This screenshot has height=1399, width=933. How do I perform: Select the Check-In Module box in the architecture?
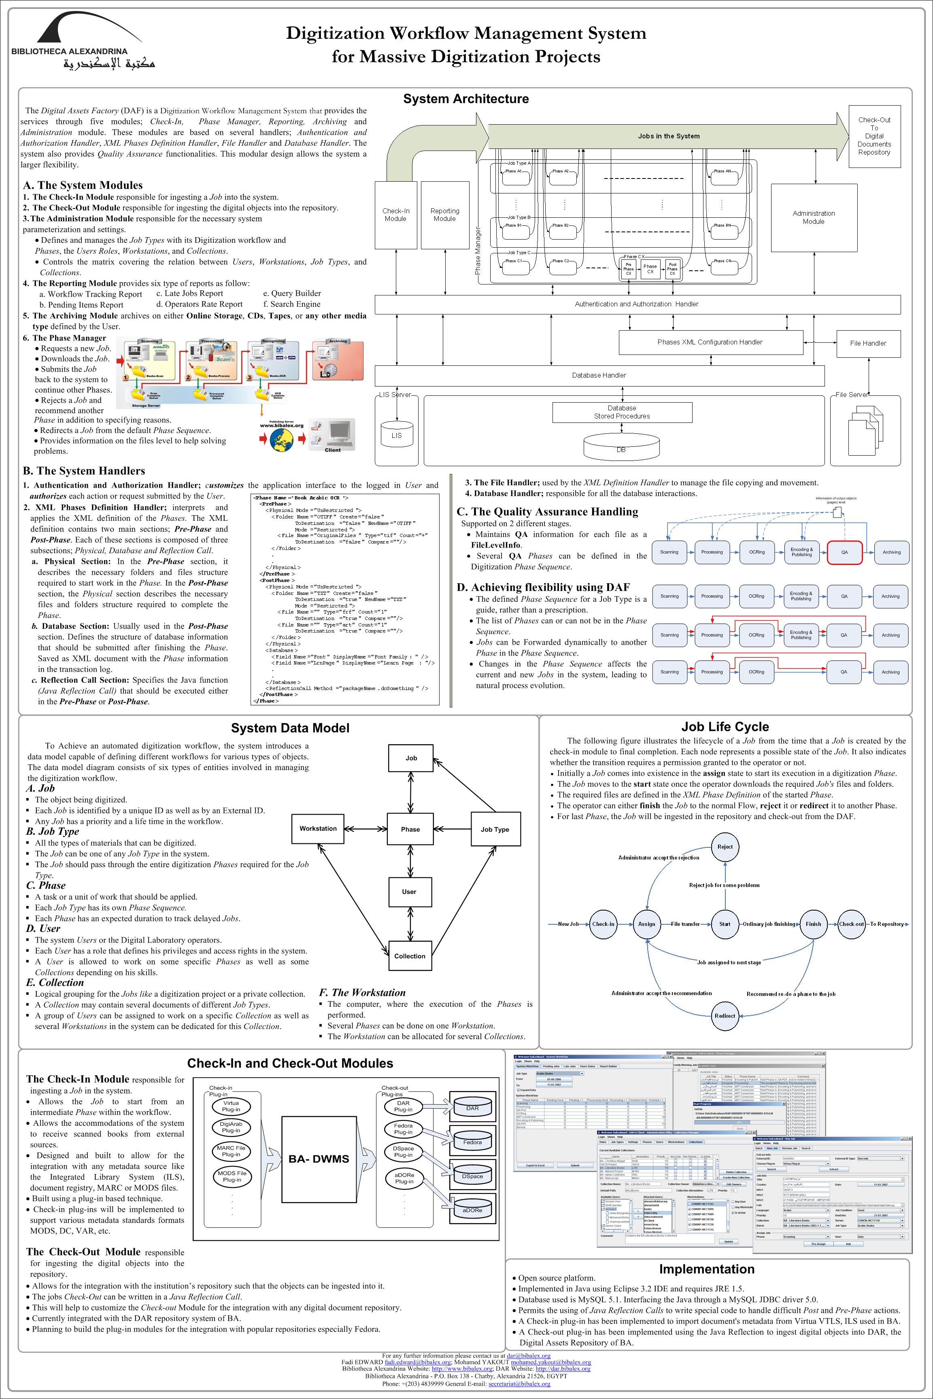point(396,215)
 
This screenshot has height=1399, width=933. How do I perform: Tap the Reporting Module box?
point(444,215)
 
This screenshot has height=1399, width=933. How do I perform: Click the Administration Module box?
point(814,217)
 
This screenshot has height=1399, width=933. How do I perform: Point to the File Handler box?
point(868,343)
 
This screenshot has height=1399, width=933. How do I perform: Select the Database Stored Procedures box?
point(622,412)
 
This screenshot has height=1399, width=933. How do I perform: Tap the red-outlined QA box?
point(844,552)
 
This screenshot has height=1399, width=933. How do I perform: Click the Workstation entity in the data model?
point(318,828)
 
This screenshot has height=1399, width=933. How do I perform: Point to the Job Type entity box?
point(495,829)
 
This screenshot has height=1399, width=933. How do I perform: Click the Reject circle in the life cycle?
point(725,847)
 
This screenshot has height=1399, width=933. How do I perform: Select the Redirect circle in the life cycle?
point(725,1016)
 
